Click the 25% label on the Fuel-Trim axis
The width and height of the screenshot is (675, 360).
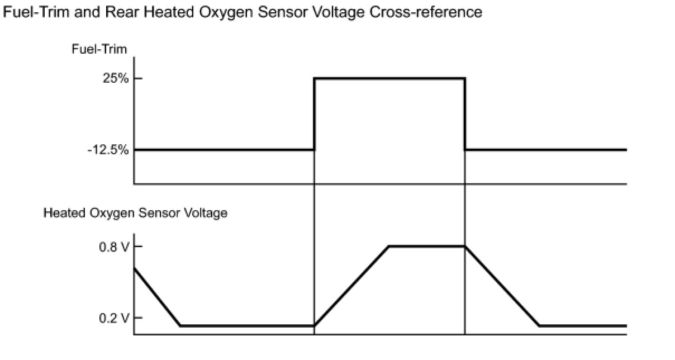(116, 79)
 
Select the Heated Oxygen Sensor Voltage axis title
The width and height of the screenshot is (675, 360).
(135, 213)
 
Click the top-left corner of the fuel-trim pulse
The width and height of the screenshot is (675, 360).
(315, 78)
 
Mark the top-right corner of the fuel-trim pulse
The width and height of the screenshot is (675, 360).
(465, 78)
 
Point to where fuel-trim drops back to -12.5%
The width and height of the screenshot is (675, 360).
(465, 150)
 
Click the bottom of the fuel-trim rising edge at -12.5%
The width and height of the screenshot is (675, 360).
(315, 150)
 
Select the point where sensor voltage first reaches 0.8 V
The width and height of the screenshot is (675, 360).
(389, 246)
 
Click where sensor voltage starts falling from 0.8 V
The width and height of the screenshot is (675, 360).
(465, 246)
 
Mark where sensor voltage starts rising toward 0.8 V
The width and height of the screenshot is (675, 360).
(315, 325)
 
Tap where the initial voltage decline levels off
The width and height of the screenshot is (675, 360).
(180, 325)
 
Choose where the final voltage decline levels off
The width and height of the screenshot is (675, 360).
(539, 325)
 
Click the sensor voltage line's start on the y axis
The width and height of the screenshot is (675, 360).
(135, 268)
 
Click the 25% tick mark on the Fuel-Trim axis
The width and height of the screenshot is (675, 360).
(137, 78)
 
